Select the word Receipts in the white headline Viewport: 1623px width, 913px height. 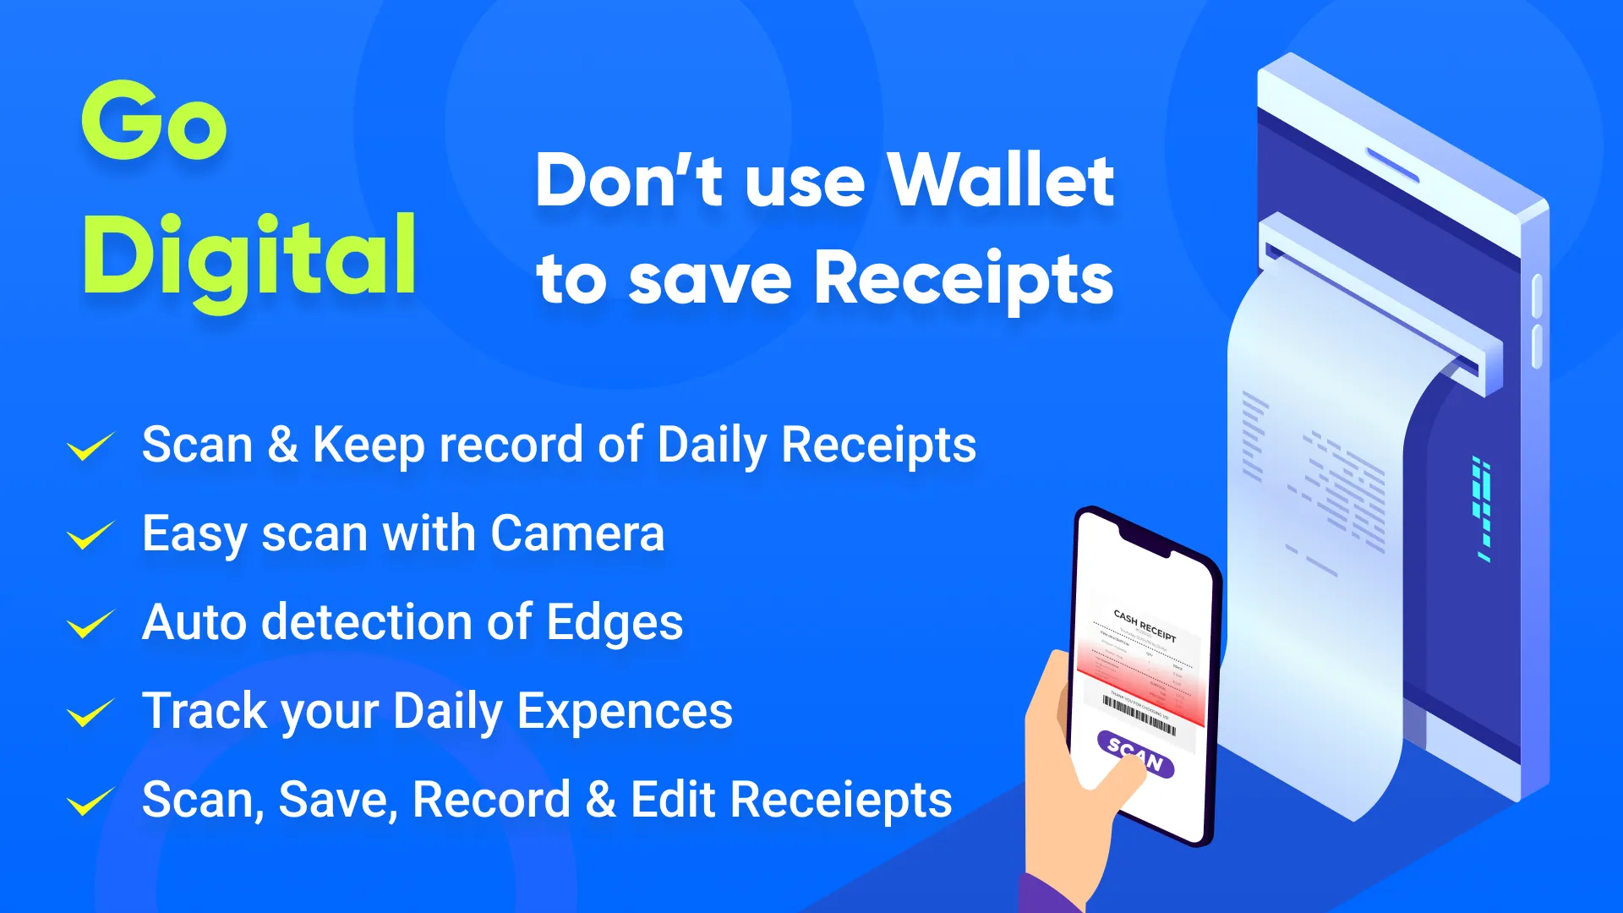[964, 280]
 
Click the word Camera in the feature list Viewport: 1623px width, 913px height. [577, 534]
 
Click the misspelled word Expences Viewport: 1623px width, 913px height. [625, 712]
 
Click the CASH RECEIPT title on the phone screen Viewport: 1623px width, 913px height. [1145, 626]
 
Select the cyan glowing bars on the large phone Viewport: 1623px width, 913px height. [1482, 507]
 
